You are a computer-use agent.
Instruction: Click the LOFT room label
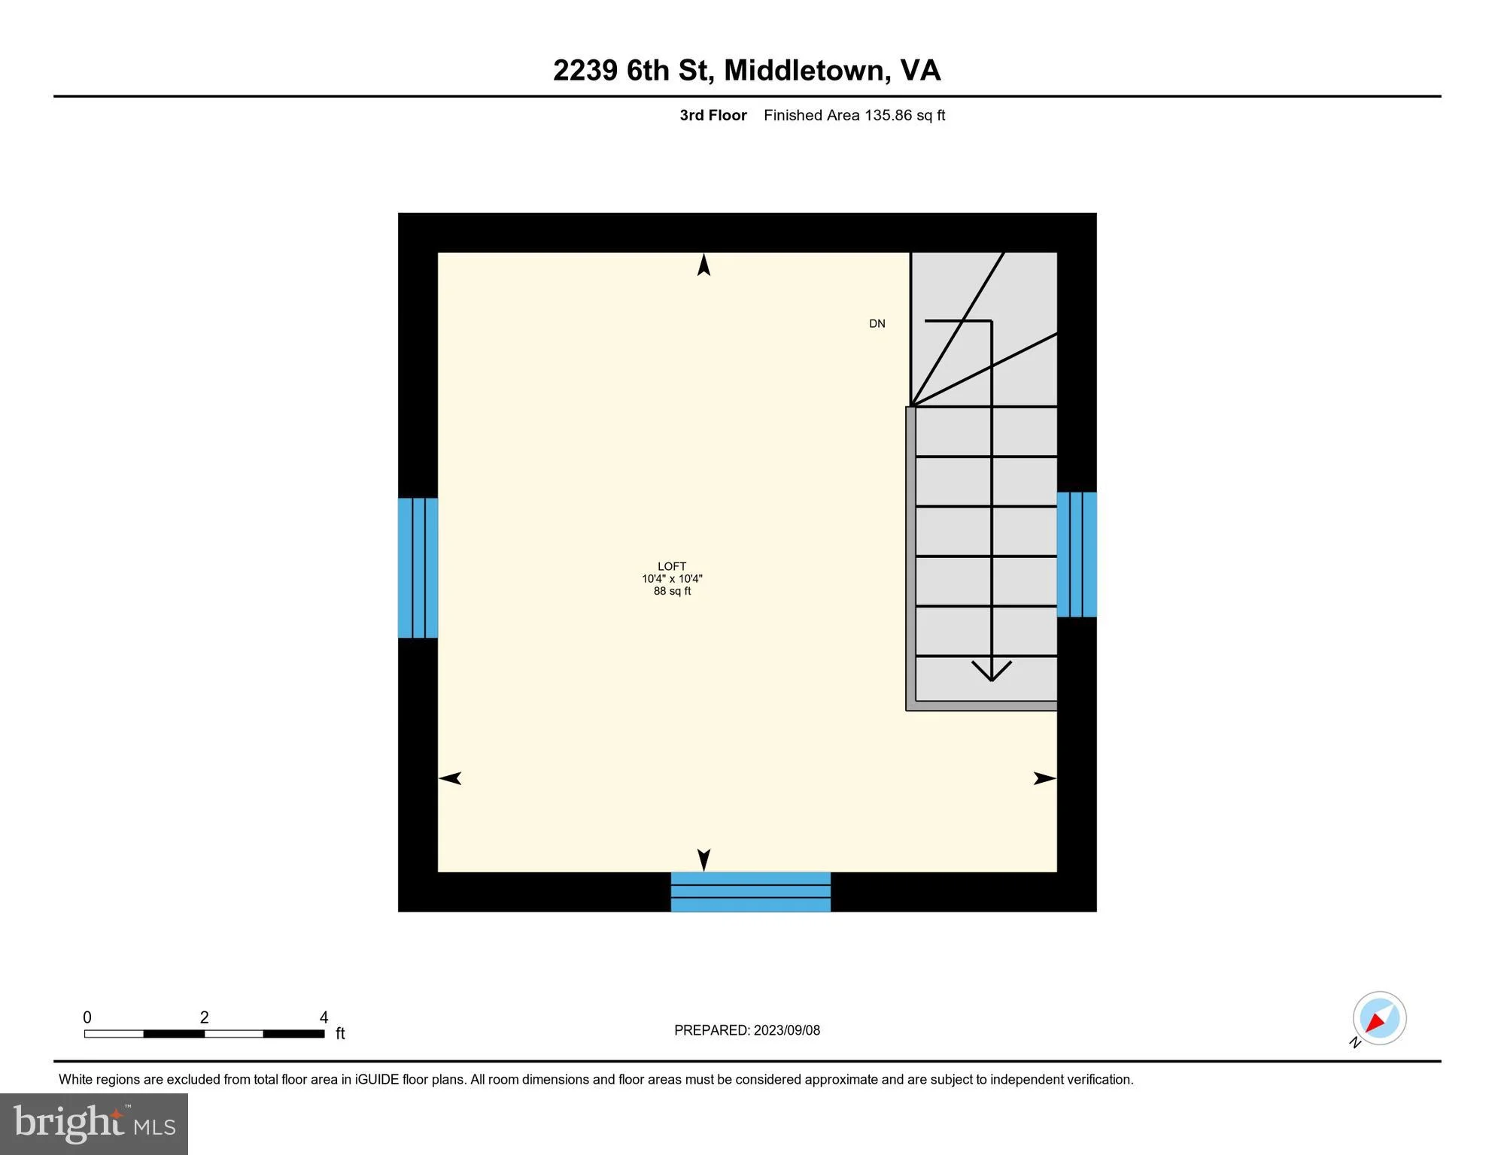point(672,566)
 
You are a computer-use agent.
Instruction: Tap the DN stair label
point(877,323)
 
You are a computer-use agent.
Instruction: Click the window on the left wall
point(418,568)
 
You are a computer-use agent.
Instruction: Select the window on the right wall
point(1077,554)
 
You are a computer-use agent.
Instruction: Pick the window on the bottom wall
point(751,892)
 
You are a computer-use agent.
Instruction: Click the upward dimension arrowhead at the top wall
point(704,265)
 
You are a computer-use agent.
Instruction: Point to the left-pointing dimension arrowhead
point(450,778)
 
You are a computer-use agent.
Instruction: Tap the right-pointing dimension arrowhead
point(1045,778)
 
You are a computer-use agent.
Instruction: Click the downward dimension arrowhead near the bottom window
point(704,860)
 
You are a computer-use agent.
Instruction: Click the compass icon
point(1379,1019)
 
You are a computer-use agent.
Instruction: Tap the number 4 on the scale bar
point(324,1017)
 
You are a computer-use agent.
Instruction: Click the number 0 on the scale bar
point(87,1017)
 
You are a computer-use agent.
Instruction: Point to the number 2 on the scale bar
point(204,1017)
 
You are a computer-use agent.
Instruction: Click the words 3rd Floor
point(713,115)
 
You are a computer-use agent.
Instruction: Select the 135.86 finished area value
point(888,115)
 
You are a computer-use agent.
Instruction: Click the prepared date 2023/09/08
point(787,1030)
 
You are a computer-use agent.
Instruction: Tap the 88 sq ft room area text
point(672,591)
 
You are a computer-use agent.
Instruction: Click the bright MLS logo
point(94,1124)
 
